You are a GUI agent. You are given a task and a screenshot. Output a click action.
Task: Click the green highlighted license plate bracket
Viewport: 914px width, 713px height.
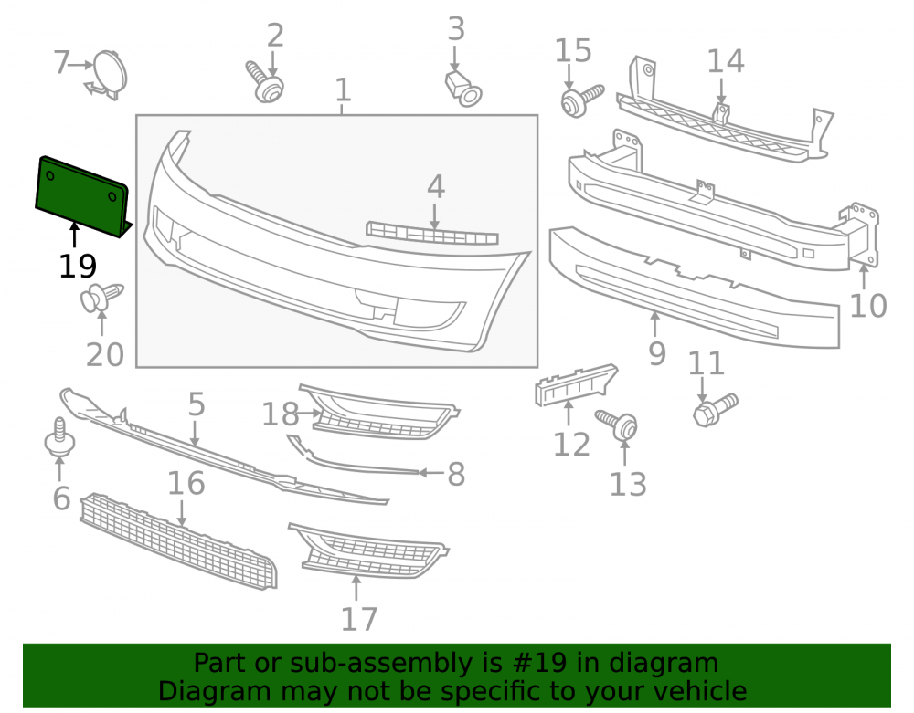pos(81,196)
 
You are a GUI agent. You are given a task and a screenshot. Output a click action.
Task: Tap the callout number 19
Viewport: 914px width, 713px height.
pos(78,267)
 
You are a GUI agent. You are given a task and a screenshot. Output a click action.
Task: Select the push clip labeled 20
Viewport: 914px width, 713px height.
pos(101,298)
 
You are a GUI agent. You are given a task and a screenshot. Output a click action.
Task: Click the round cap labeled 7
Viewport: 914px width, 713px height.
pos(109,74)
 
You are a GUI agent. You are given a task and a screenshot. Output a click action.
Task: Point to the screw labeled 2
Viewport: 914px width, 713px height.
pos(265,82)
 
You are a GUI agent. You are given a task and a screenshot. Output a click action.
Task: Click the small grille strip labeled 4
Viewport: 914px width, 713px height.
pos(432,233)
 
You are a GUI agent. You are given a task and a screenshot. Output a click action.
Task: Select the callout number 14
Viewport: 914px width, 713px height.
pos(726,61)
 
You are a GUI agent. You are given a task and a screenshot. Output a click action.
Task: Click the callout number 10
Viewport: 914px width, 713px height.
pos(868,305)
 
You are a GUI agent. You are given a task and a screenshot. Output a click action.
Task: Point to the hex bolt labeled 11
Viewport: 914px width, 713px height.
pos(716,409)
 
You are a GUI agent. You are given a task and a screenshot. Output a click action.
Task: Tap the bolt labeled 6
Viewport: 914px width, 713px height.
pos(59,437)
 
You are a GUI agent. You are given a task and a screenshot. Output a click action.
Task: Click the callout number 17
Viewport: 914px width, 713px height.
pos(359,619)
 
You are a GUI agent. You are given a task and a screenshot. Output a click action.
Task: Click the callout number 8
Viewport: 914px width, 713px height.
pos(456,474)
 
